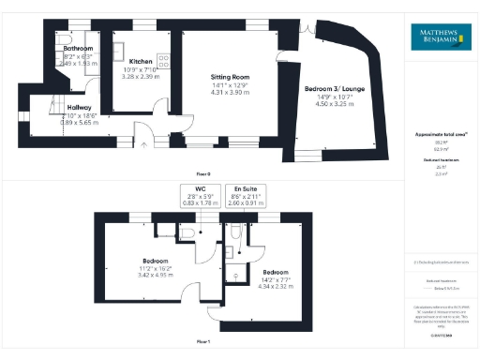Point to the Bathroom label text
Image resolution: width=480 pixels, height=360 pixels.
tap(78, 47)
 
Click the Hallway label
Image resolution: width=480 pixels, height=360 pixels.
tap(80, 107)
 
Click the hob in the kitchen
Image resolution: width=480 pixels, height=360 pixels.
tap(163, 59)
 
